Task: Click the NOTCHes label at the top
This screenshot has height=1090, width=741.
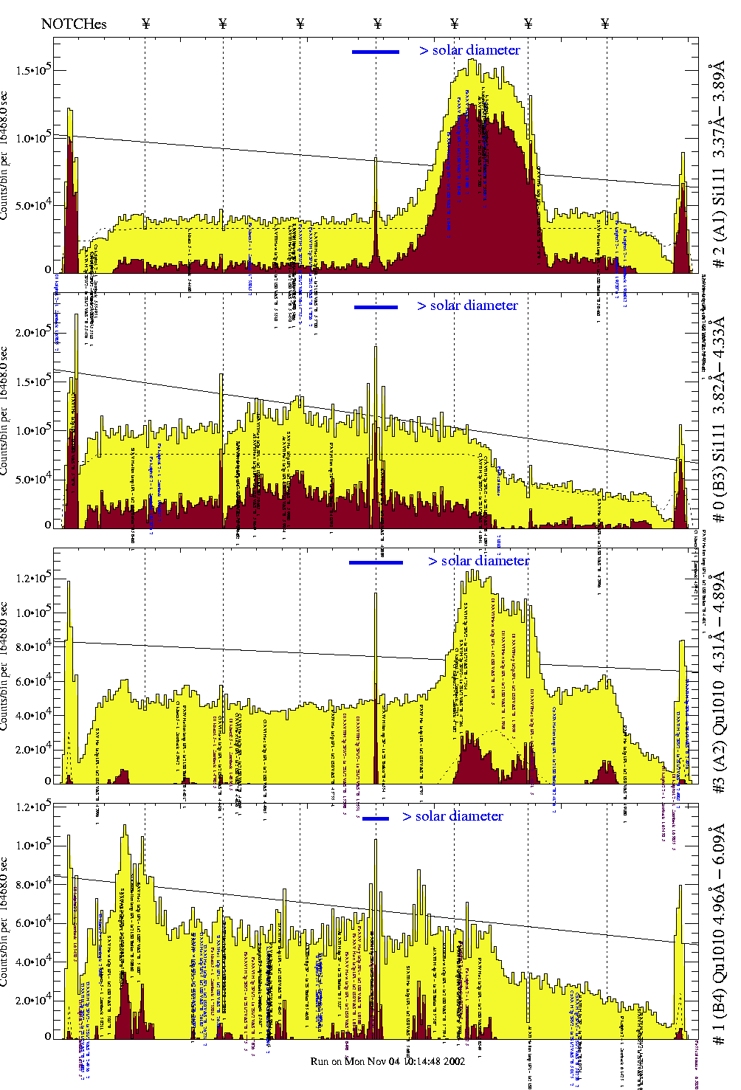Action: click(x=74, y=24)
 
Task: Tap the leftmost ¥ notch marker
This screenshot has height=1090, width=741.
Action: click(x=145, y=24)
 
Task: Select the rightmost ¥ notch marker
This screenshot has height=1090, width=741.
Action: click(x=605, y=24)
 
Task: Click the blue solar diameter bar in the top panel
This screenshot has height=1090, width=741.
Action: click(x=376, y=52)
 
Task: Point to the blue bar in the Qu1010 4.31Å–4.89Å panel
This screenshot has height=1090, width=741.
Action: click(x=376, y=562)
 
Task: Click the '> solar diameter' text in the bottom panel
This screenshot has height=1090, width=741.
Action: click(x=453, y=816)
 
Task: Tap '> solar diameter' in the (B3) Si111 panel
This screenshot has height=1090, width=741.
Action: click(x=467, y=306)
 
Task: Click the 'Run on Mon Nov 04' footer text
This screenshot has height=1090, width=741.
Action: click(x=387, y=1061)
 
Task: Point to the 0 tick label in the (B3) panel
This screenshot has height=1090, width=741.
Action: click(x=48, y=525)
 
